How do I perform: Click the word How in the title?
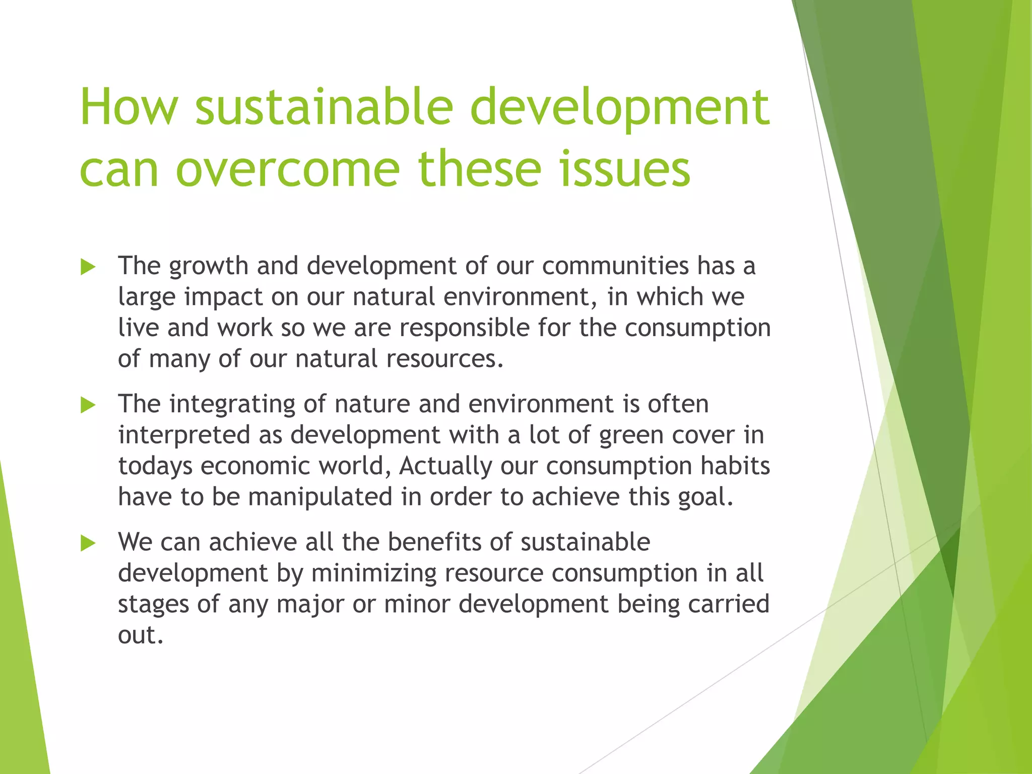[x=129, y=107]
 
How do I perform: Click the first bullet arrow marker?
[x=88, y=267]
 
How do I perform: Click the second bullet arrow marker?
[x=88, y=405]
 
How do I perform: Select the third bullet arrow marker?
[x=88, y=543]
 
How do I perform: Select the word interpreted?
[x=184, y=435]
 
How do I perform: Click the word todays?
[x=155, y=467]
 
